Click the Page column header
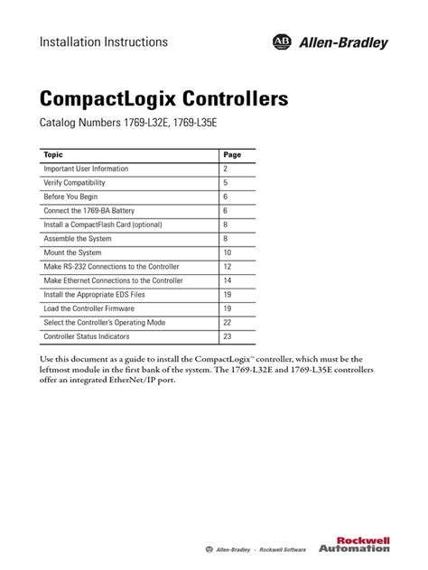[232, 155]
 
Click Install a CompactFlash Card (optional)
[103, 225]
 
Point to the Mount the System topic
[72, 253]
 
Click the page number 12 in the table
[228, 267]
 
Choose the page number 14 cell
[228, 280]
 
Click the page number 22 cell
[228, 323]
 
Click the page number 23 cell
[228, 336]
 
